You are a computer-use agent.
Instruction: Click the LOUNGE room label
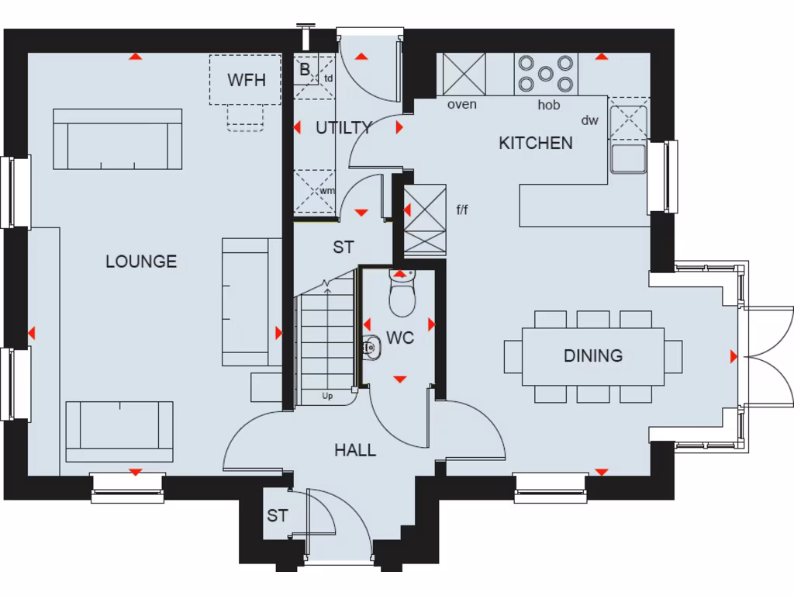coord(141,262)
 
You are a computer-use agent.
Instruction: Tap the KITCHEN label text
coord(536,143)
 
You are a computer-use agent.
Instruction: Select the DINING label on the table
coord(592,355)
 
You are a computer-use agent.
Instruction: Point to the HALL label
coord(355,450)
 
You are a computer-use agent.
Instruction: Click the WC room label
coord(400,338)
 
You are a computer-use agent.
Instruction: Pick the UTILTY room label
coord(343,128)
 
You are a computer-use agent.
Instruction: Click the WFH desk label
coord(247,80)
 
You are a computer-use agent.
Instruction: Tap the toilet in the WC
coord(402,295)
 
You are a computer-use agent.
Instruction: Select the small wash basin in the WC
coord(370,348)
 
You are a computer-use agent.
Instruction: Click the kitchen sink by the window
coord(628,158)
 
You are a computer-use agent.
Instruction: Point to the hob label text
coord(548,105)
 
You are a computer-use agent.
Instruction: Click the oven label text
coord(462,105)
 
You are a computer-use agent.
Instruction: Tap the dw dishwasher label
coord(589,120)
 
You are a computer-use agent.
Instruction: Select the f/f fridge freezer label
coord(462,210)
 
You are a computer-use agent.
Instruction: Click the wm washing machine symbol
coord(316,191)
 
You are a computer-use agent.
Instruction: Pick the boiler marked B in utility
coord(305,70)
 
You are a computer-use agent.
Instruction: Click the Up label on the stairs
coord(327,397)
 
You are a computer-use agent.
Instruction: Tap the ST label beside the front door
coord(278,516)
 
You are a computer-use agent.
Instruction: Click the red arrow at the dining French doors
coord(734,357)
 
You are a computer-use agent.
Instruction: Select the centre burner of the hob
coord(546,74)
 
